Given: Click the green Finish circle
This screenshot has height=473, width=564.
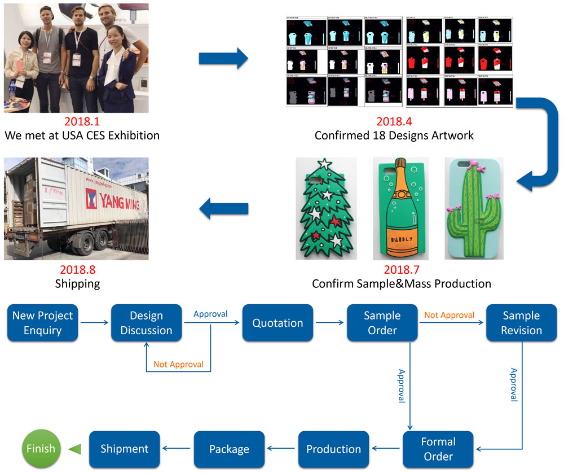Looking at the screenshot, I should [40, 449].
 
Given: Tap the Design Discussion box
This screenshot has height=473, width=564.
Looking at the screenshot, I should [146, 323].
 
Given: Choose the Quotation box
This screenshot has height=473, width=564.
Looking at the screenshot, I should [277, 323].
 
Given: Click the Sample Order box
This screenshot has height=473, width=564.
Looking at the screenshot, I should [382, 323].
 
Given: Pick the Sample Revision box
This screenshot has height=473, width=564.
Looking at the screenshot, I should [521, 323].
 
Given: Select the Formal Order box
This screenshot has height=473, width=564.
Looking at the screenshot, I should [438, 449].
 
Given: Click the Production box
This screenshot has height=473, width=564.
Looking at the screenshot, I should [333, 449].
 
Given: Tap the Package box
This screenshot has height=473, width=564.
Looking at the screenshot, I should [229, 449].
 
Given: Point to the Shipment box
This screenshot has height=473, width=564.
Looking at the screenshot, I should [124, 449].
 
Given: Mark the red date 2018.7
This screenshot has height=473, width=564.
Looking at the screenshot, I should [402, 270].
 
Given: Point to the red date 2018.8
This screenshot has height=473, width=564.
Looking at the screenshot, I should [77, 270].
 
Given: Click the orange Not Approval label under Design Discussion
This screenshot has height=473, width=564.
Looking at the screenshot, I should [178, 364].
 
